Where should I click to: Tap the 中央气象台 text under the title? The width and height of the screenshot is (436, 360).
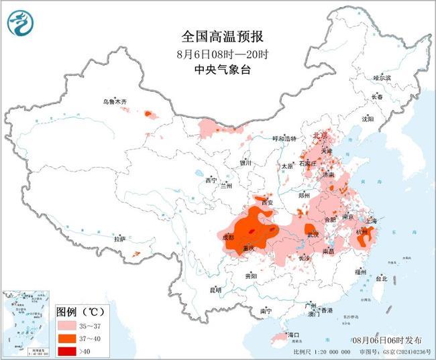[x=218, y=70]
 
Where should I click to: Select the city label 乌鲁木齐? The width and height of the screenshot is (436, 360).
[x=114, y=101]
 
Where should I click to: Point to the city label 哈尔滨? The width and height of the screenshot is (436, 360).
[x=382, y=78]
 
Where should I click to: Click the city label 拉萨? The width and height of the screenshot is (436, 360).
[x=119, y=239]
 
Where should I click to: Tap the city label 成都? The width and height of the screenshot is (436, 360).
[x=227, y=237]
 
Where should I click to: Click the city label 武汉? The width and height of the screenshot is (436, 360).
[x=313, y=235]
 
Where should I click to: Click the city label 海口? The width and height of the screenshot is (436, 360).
[x=292, y=334]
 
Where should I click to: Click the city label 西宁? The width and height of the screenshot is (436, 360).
[x=211, y=180]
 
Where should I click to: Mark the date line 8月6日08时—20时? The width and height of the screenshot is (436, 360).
[x=218, y=54]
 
